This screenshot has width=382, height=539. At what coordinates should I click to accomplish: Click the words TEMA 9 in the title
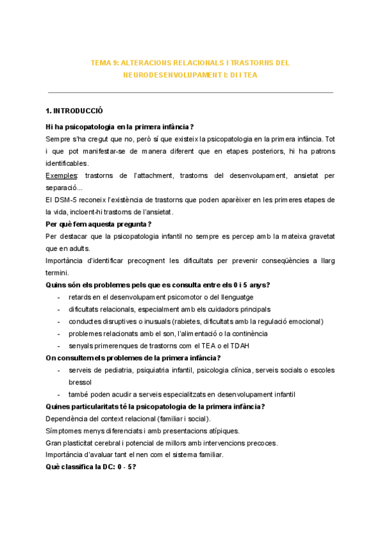104,63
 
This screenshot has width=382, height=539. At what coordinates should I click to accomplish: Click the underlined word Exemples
62,175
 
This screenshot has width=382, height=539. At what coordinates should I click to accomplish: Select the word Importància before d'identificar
67,261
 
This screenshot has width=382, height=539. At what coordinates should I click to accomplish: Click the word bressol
80,383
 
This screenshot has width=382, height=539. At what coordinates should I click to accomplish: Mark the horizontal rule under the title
191,93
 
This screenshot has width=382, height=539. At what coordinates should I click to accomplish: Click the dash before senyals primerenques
59,346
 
